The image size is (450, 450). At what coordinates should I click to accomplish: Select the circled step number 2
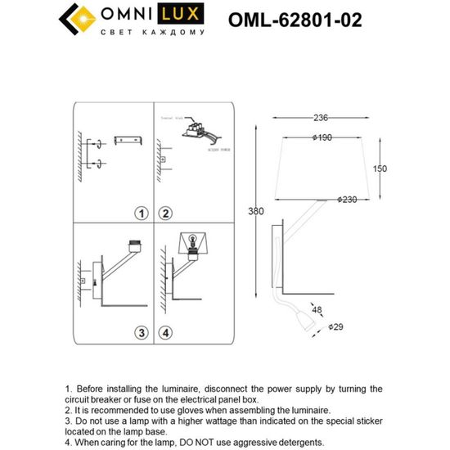[x=165, y=214]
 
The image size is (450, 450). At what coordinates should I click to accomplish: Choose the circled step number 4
[x=165, y=333]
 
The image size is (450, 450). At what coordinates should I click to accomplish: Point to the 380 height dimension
[x=256, y=212]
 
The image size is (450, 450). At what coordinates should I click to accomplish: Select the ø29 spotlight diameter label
[x=335, y=326]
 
